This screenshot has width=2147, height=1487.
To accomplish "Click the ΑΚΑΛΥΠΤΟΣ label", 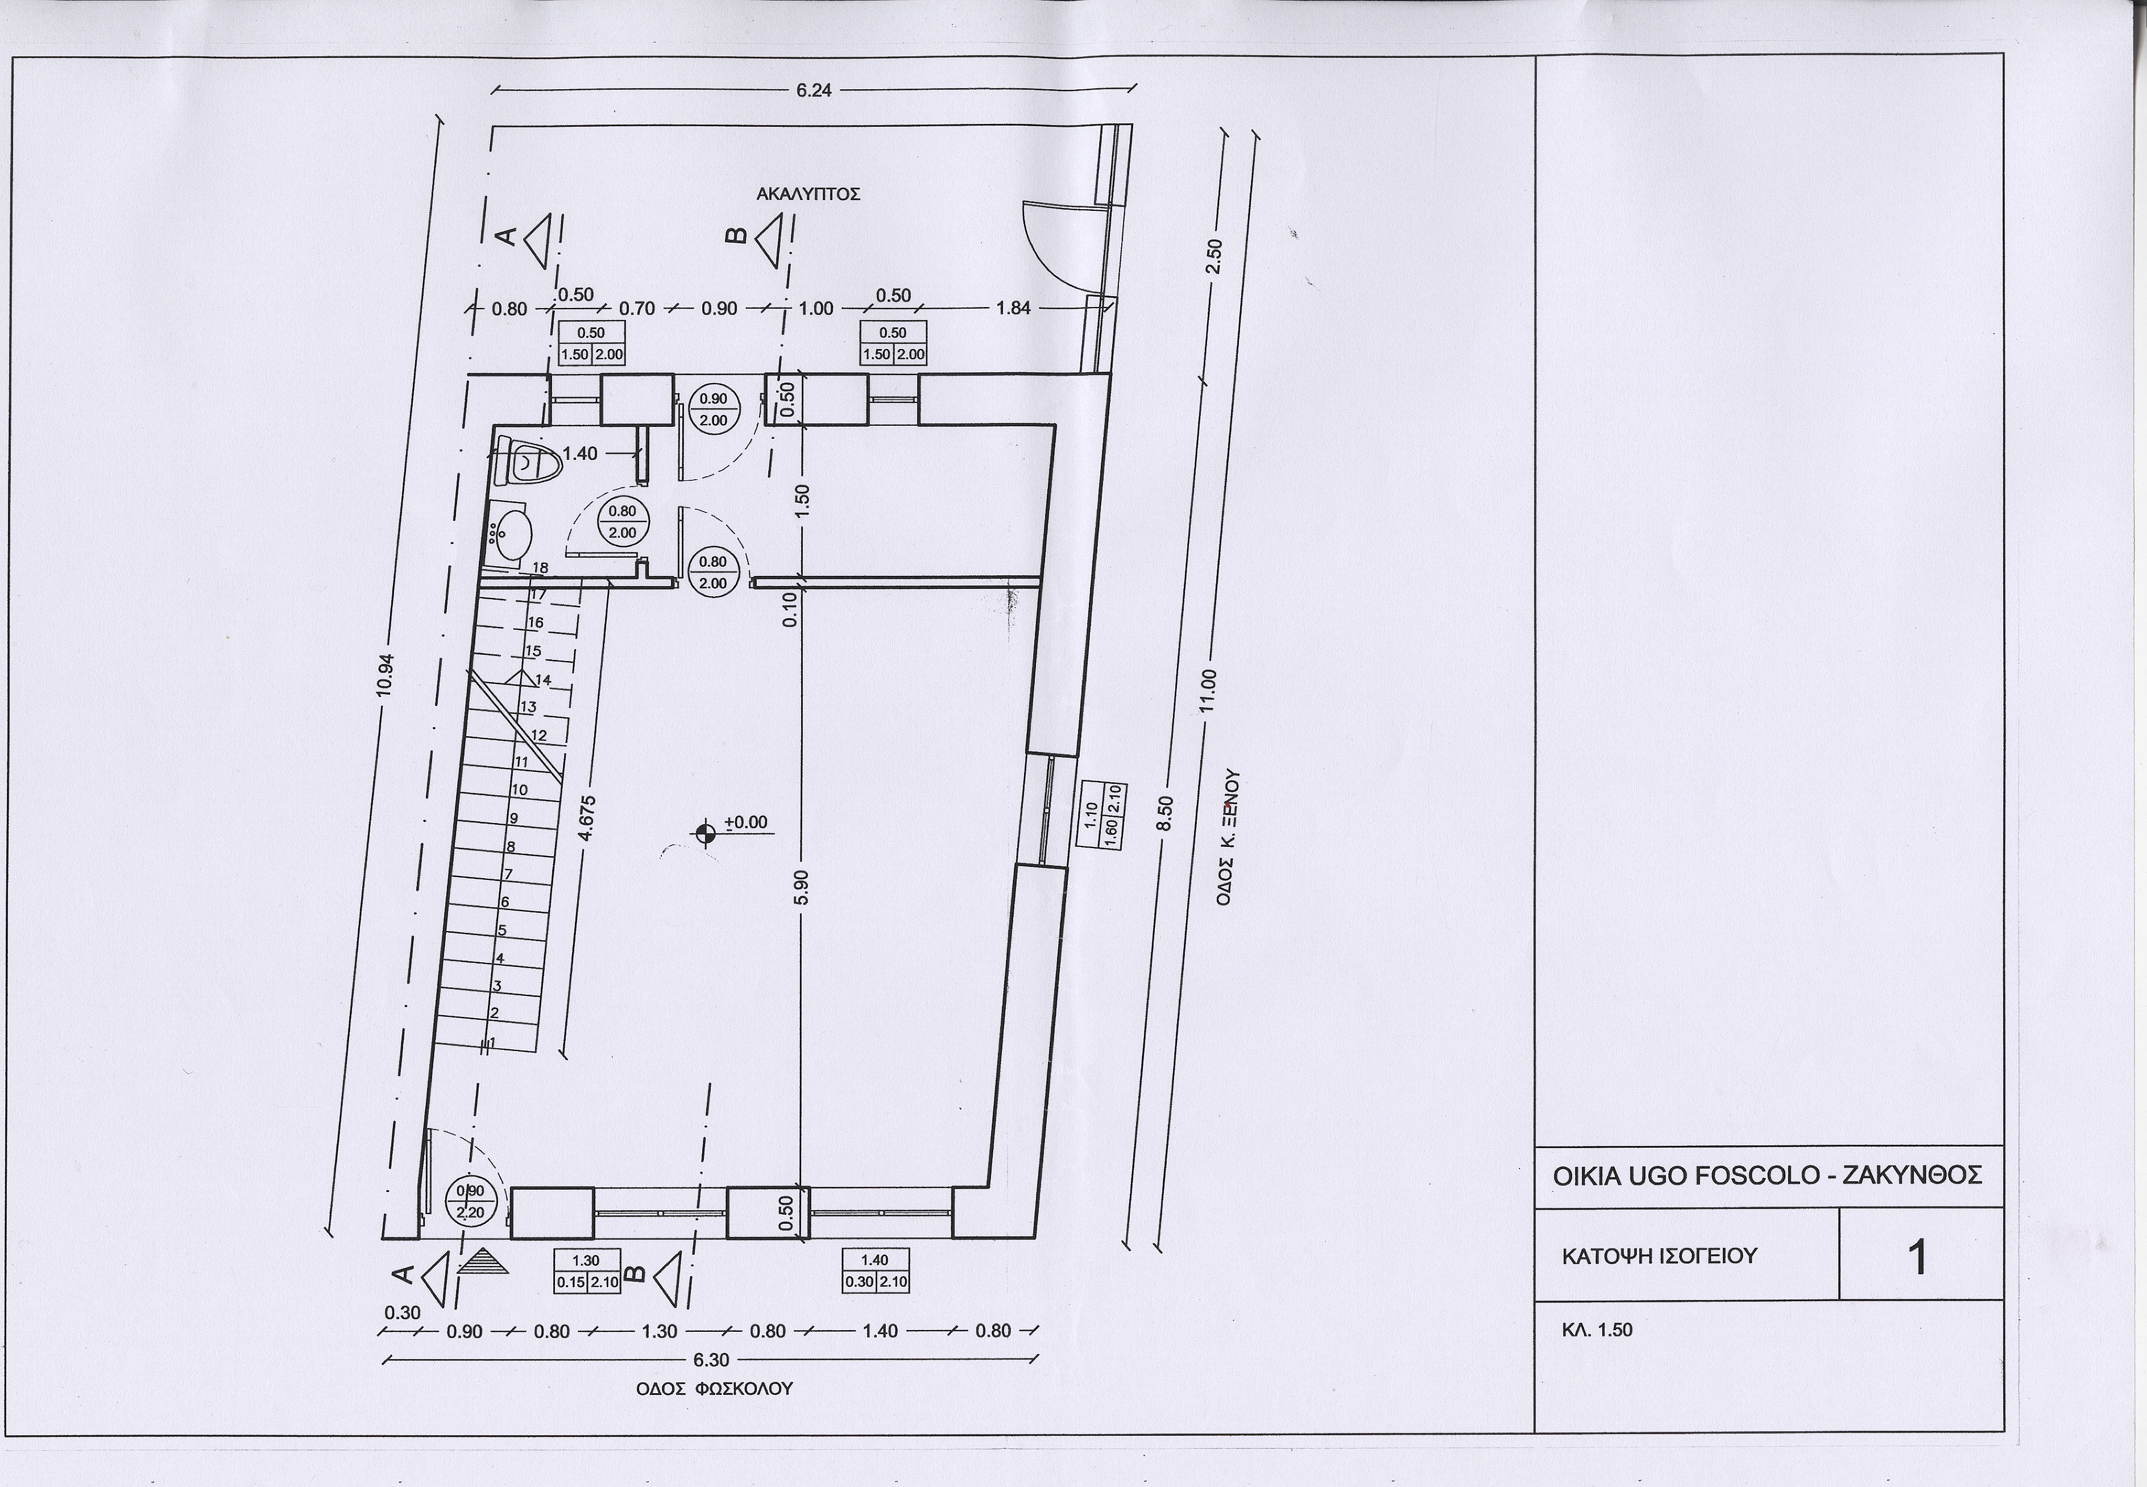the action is tap(808, 195).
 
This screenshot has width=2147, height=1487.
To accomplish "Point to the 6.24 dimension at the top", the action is tap(814, 90).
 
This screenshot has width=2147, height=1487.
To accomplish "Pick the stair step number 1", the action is tap(492, 1042).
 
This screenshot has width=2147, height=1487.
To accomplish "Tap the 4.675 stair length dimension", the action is tap(586, 817).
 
